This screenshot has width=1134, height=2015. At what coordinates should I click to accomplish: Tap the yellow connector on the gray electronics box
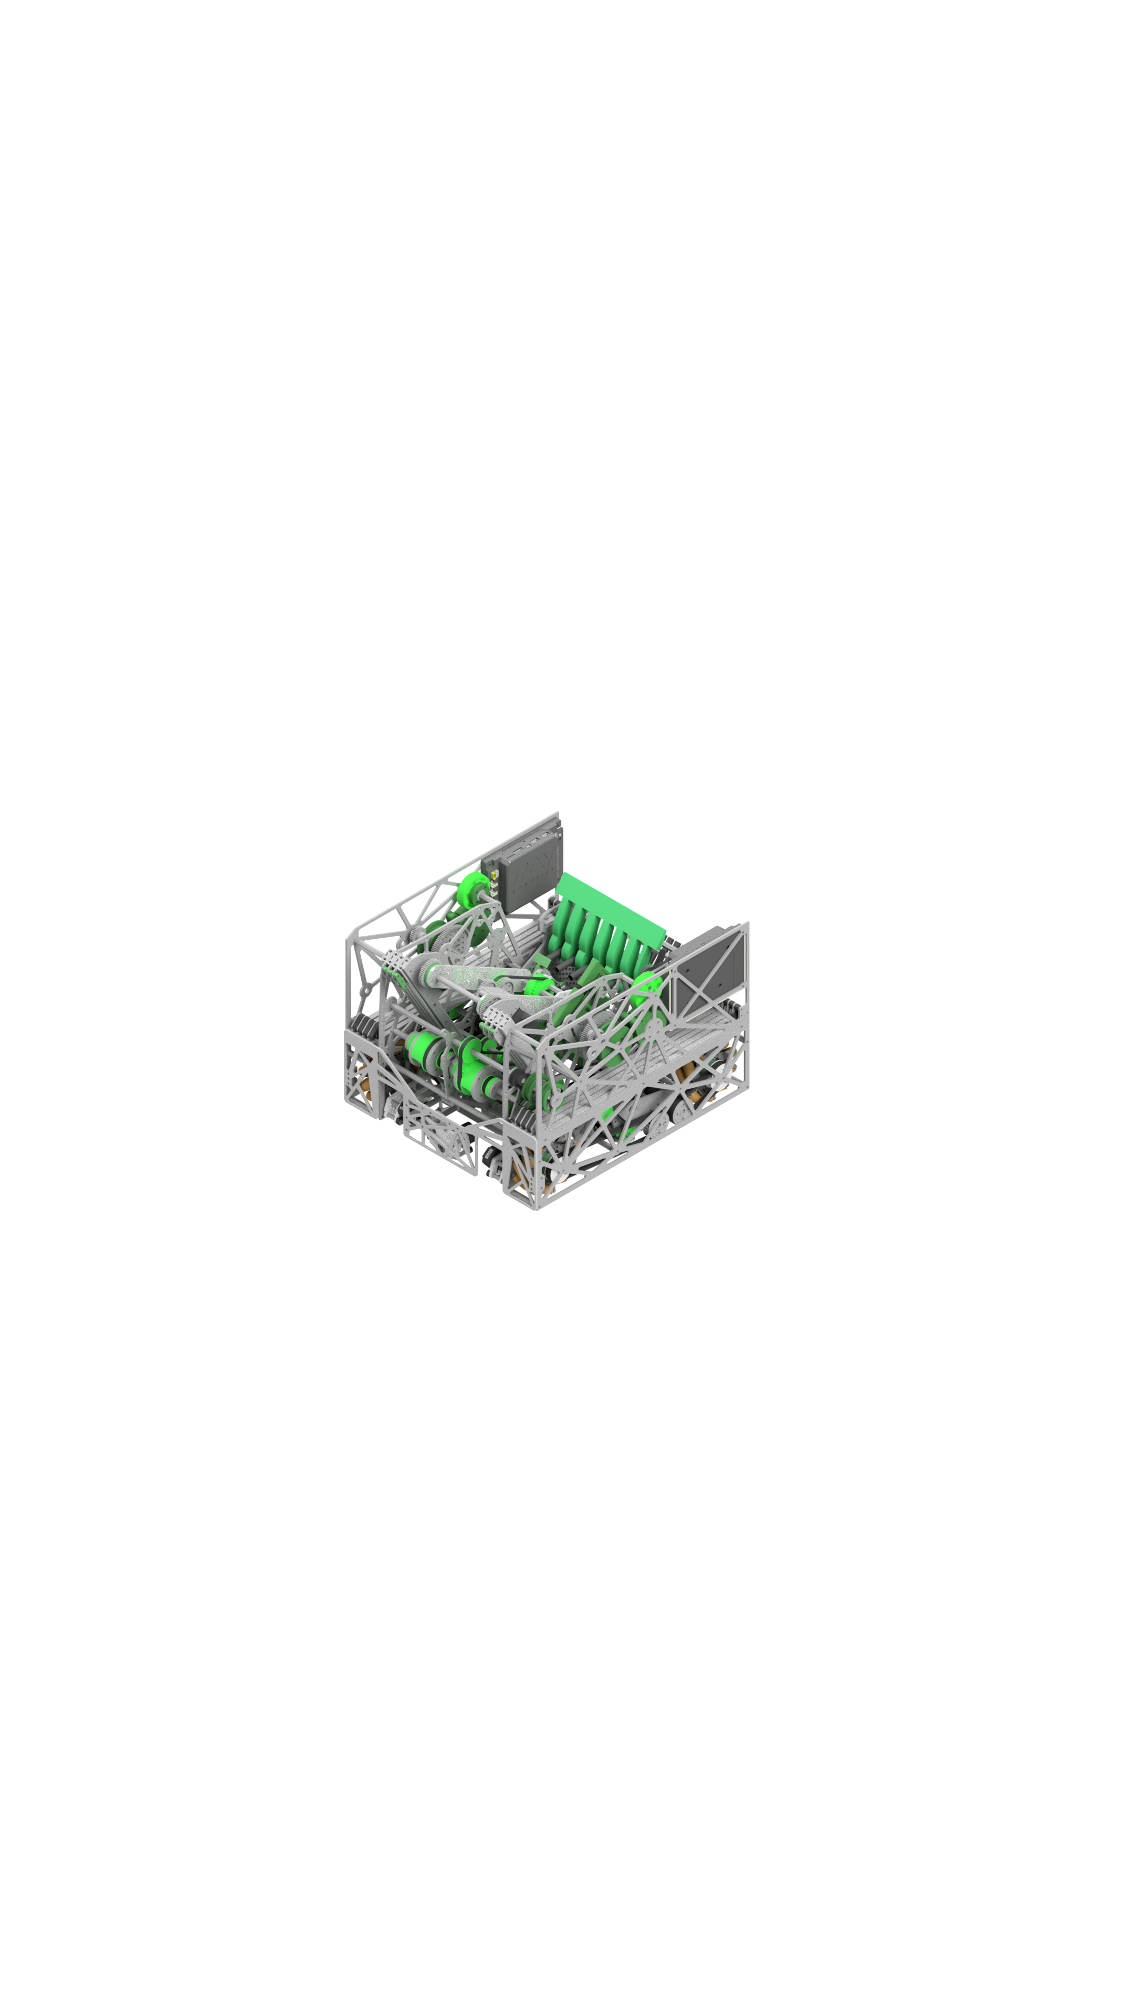(494, 875)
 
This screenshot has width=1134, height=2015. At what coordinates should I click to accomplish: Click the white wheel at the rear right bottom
(721, 1069)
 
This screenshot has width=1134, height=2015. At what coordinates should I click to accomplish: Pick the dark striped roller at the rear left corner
(364, 1025)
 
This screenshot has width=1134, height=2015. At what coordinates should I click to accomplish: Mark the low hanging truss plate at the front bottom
(438, 1133)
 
